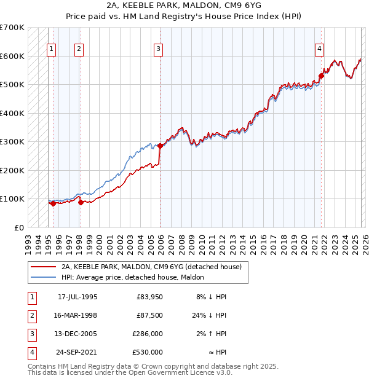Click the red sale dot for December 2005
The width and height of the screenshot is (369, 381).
tap(161, 146)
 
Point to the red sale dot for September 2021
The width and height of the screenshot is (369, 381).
tap(321, 77)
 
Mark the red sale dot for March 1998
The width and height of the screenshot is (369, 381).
tap(81, 202)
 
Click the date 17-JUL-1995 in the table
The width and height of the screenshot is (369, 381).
tap(77, 297)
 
